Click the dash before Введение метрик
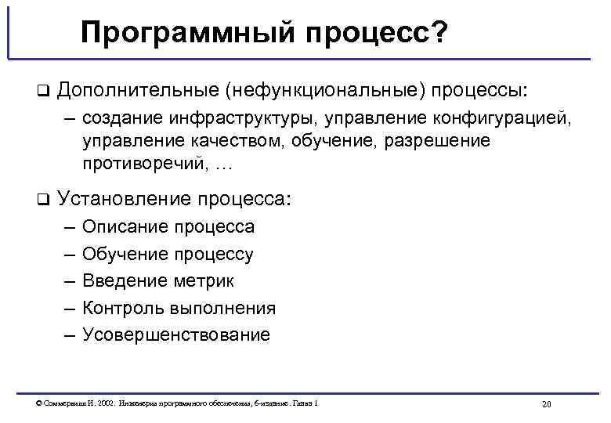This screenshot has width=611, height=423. coord(68,280)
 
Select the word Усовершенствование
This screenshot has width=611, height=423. coord(176,334)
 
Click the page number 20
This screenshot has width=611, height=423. coord(547,404)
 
